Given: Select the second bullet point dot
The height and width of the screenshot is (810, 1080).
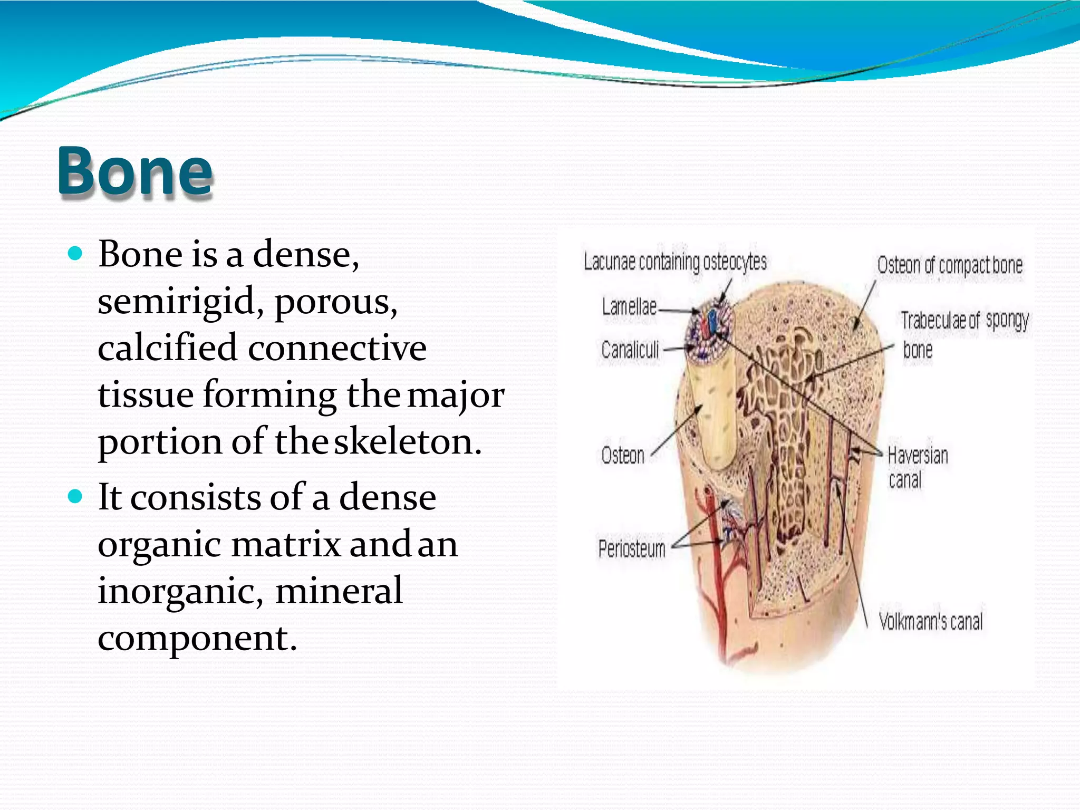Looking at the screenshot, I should tap(76, 497).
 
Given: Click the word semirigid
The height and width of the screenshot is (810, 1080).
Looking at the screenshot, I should tap(176, 302).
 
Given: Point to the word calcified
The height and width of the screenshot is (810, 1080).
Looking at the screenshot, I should tap(167, 348).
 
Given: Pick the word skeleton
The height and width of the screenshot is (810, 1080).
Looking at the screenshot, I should tap(408, 441).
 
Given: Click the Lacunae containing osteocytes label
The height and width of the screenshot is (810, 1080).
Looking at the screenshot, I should tap(675, 262).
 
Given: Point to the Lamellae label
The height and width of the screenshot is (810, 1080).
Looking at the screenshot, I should tap(629, 307).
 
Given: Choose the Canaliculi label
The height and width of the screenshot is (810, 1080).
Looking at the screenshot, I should tap(630, 350).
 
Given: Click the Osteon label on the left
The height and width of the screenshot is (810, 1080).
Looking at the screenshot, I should tap(623, 456).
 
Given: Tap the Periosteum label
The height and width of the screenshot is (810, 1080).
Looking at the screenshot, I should tap(632, 549).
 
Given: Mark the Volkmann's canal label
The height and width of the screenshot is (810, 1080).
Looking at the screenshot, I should tap(931, 622).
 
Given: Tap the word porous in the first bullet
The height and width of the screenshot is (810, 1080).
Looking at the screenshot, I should tap(336, 302).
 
